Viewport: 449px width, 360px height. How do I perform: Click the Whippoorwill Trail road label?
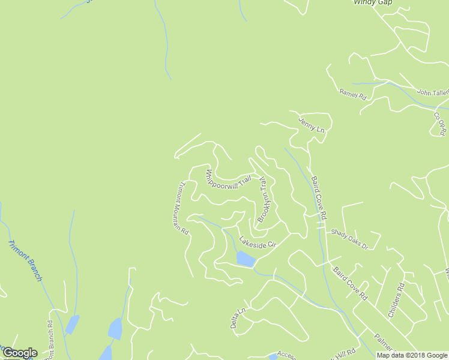[228, 180]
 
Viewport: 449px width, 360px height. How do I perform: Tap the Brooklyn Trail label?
[262, 199]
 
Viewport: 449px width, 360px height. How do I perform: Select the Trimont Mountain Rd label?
[182, 208]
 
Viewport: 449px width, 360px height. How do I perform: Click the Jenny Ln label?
[312, 125]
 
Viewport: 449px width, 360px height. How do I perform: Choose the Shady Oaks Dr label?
[349, 238]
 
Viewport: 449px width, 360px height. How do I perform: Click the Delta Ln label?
[238, 319]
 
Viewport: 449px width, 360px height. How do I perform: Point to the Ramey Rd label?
[352, 94]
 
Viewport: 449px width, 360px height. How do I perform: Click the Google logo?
[19, 353]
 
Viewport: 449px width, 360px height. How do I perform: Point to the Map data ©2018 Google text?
[411, 355]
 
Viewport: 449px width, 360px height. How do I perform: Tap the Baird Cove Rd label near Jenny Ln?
[319, 196]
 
